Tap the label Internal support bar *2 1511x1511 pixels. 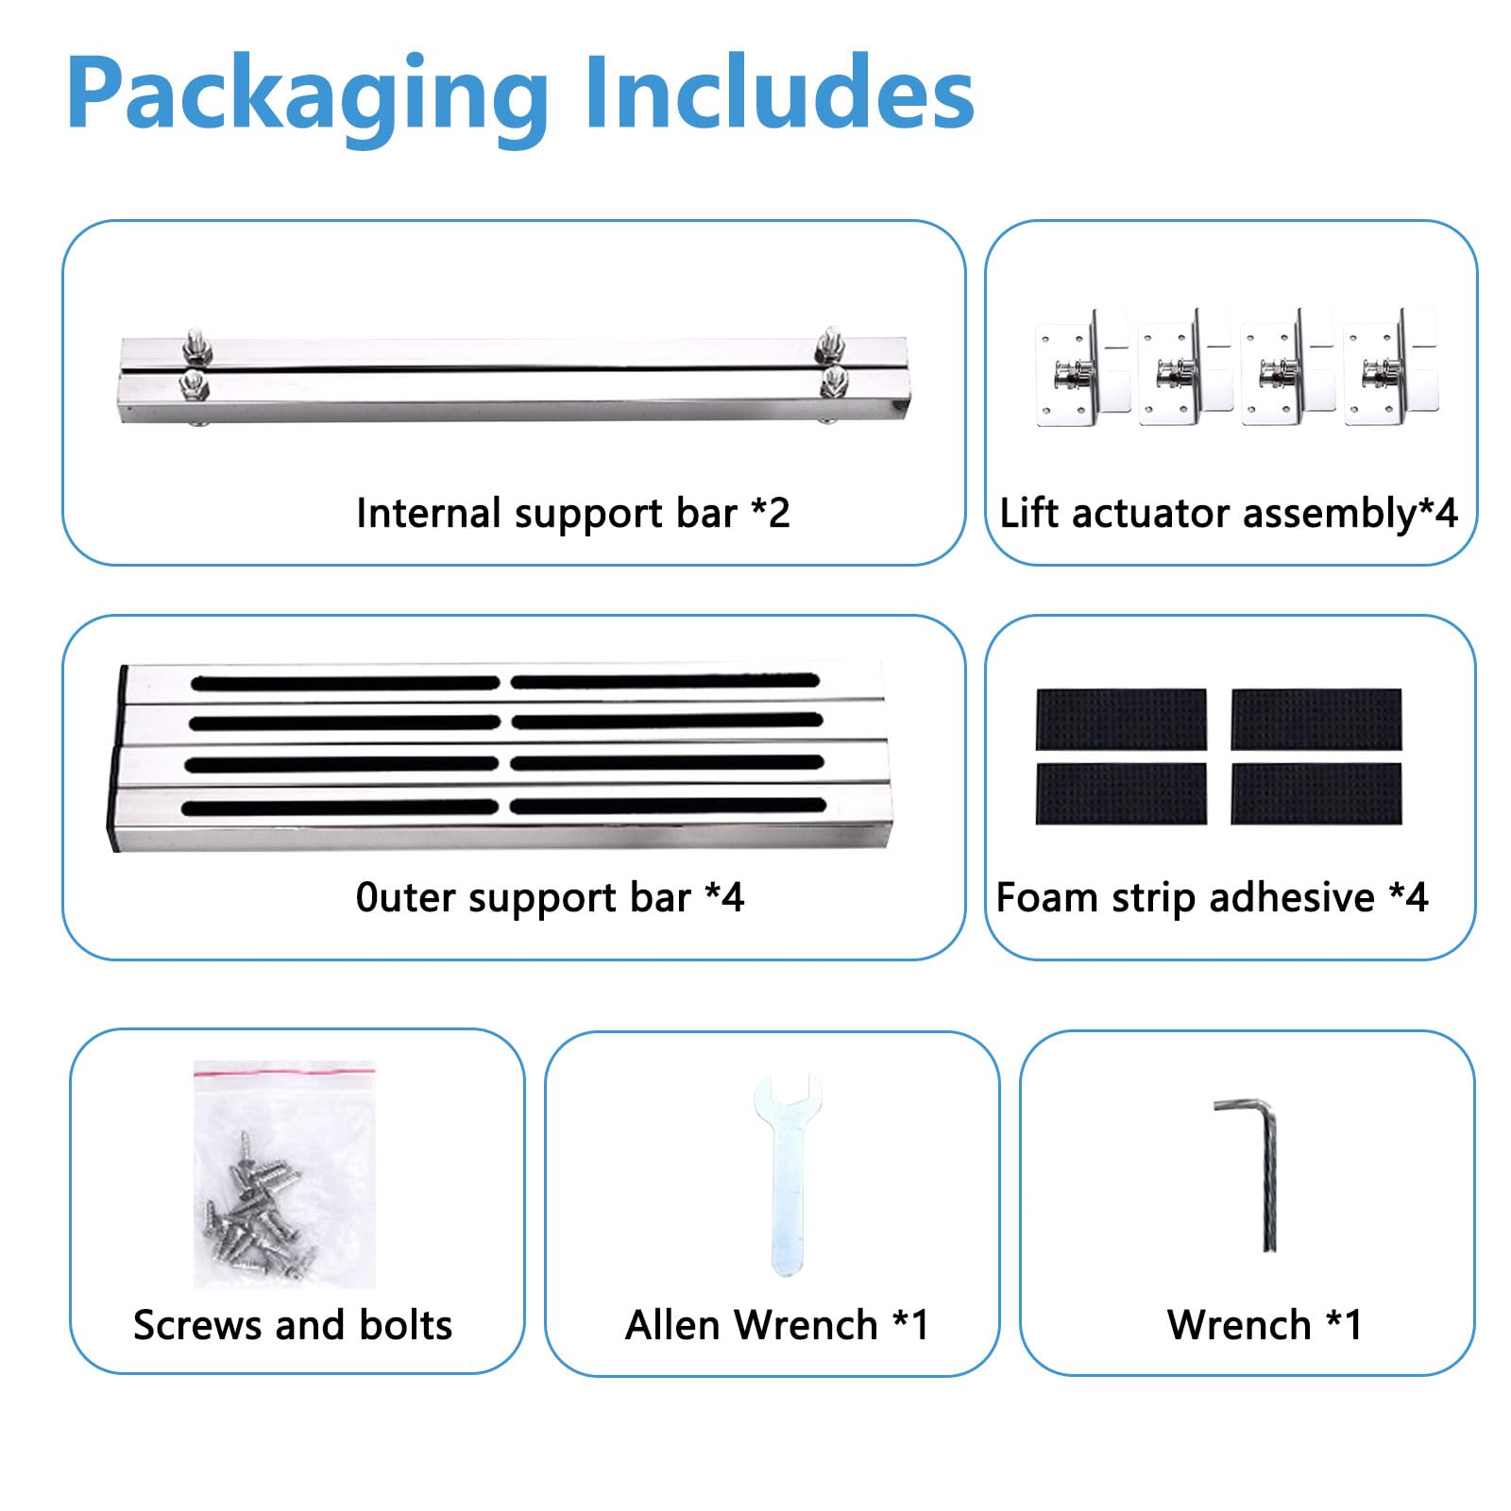[x=572, y=514]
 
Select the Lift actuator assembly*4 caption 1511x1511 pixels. [x=1229, y=514]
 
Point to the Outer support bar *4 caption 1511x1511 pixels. [x=550, y=897]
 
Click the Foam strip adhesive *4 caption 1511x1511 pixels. [x=1213, y=897]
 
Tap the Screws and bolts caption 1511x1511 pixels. [x=293, y=1325]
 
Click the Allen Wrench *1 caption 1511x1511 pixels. [x=777, y=1325]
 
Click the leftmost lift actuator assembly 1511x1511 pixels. [x=1082, y=367]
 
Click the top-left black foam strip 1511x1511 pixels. [x=1121, y=720]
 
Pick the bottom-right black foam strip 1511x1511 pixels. [x=1316, y=793]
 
